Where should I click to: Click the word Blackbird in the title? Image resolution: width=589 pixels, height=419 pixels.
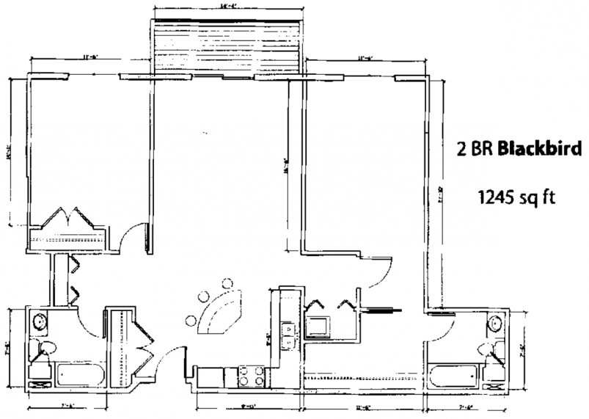540,149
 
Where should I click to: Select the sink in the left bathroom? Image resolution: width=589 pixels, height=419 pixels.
39,321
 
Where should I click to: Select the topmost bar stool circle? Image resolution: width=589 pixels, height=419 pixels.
225,283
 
